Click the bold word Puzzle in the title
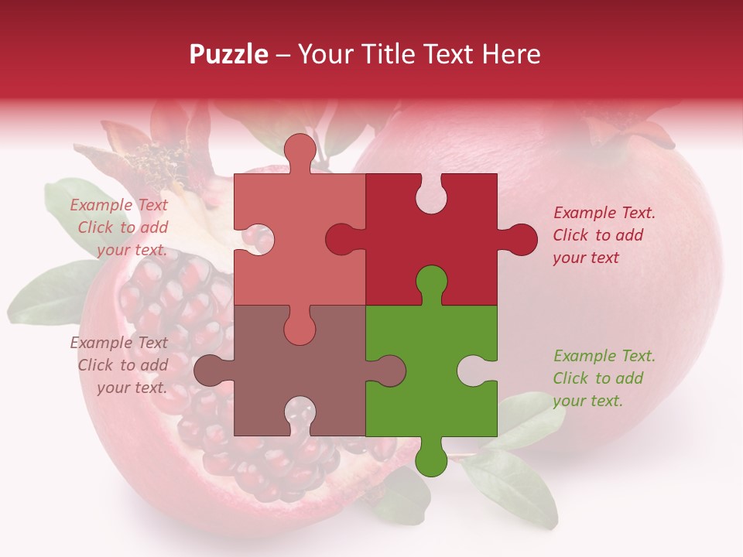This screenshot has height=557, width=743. coord(229,54)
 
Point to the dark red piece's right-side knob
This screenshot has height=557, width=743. coord(519,239)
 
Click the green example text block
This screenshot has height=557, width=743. coord(604,378)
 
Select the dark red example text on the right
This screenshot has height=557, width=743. coord(604,235)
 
